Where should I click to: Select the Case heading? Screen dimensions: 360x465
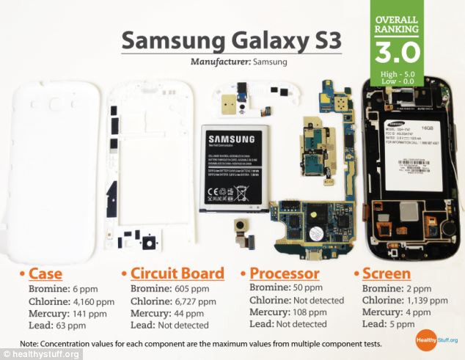tap(45, 274)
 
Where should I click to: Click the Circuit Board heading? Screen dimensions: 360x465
tap(177, 274)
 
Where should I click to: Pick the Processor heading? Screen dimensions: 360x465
tap(292, 273)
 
